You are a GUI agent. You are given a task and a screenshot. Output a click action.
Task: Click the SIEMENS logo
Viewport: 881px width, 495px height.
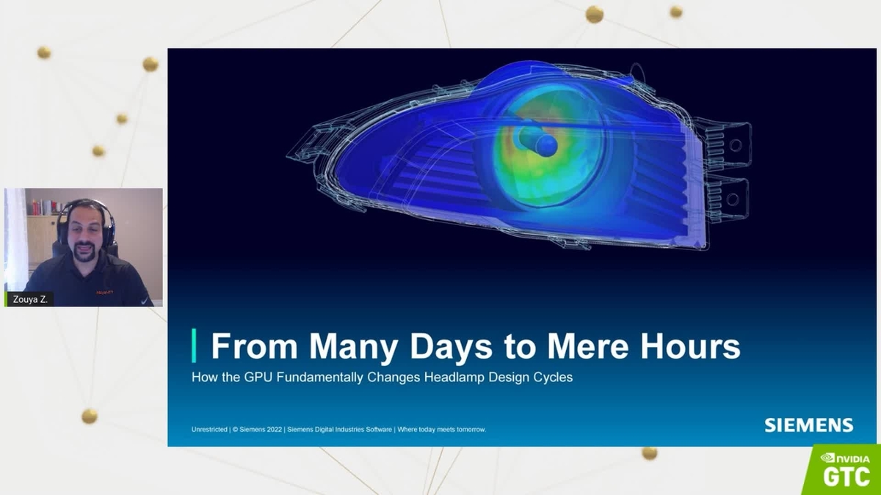click(x=808, y=425)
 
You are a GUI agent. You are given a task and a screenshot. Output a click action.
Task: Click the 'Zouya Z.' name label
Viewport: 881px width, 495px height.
click(x=29, y=299)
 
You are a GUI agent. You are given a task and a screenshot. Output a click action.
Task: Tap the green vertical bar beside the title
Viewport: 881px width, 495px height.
click(x=194, y=345)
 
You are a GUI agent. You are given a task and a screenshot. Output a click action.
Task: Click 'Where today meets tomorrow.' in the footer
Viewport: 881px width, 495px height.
click(x=441, y=429)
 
